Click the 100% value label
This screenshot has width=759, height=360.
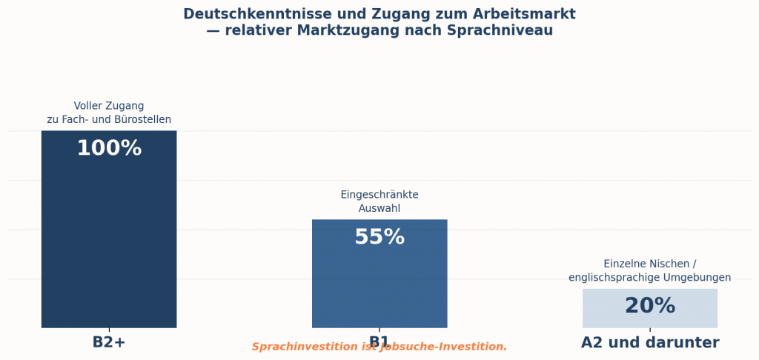tap(109, 149)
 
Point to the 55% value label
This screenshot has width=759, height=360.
tap(379, 238)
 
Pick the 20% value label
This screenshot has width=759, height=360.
tap(649, 306)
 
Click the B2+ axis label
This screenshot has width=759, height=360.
tap(109, 343)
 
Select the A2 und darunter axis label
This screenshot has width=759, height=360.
tap(649, 343)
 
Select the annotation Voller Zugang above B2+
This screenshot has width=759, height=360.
tap(109, 106)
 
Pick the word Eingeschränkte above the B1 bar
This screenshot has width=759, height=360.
tap(379, 195)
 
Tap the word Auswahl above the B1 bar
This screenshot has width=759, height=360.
tap(379, 209)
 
